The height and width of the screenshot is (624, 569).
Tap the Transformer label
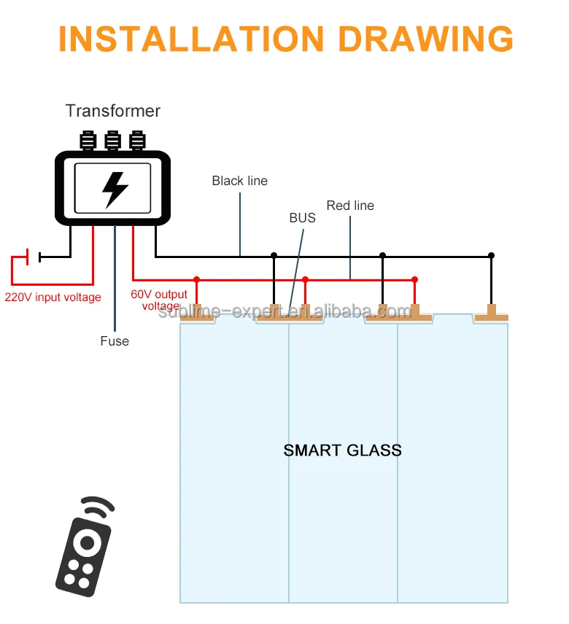click(x=113, y=111)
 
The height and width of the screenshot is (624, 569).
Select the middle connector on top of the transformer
click(x=112, y=140)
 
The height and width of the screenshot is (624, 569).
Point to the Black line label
click(x=239, y=181)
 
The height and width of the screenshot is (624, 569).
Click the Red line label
click(x=350, y=206)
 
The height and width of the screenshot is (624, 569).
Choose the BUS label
click(x=302, y=218)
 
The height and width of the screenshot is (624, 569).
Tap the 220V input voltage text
click(x=53, y=297)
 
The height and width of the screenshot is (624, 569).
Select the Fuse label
click(x=115, y=341)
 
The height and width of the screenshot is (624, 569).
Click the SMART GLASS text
click(x=342, y=450)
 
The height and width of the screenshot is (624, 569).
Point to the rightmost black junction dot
click(x=491, y=255)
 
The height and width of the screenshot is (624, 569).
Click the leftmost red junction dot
click(x=196, y=279)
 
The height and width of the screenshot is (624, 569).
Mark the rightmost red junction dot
click(x=414, y=279)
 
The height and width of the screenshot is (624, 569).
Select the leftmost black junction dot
click(x=274, y=255)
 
